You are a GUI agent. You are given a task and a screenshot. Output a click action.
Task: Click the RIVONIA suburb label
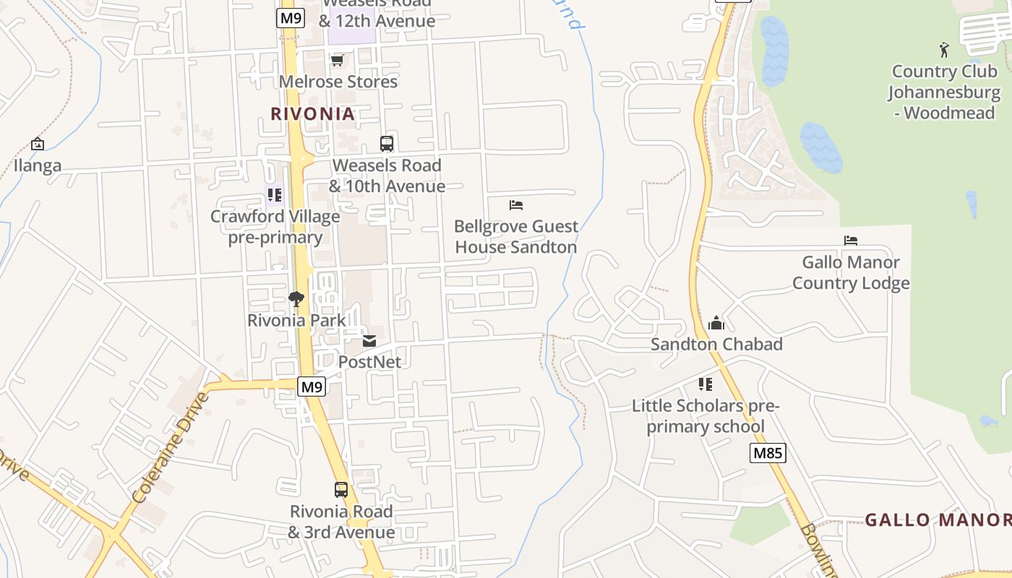[x=313, y=113]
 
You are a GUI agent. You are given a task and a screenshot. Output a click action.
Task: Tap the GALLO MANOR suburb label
[x=938, y=519]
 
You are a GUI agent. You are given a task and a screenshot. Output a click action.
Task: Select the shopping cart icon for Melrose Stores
[x=337, y=60]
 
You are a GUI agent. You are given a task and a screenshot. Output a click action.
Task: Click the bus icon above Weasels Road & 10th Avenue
[x=387, y=143]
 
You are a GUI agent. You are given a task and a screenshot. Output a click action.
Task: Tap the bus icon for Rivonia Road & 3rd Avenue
[x=341, y=489]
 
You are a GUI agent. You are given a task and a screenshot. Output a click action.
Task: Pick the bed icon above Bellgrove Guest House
[x=516, y=205]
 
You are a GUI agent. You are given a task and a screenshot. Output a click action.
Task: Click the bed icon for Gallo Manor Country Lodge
[x=851, y=241]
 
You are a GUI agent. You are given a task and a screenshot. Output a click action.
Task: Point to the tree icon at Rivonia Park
[x=296, y=298]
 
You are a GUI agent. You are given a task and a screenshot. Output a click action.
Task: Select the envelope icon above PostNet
[x=369, y=340]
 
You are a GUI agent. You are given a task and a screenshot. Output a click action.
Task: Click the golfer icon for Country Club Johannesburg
[x=944, y=50]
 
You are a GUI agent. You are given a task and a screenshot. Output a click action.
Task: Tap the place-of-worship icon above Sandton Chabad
[x=716, y=322]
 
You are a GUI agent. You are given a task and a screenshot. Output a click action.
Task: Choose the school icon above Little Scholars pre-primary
[x=706, y=384]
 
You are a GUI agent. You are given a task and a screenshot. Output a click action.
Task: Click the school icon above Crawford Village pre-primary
[x=275, y=194]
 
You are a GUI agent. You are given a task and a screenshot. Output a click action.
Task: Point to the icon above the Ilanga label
[x=38, y=144]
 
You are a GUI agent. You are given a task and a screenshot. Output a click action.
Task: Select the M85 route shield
[x=767, y=453]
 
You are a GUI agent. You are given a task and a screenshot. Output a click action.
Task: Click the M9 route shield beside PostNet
[x=312, y=387]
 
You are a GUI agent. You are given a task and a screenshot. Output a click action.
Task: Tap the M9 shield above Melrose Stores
[x=290, y=18]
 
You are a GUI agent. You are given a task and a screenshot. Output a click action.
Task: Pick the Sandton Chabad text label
[x=716, y=344]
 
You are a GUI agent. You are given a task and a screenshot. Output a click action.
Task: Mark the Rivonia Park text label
[x=296, y=320]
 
